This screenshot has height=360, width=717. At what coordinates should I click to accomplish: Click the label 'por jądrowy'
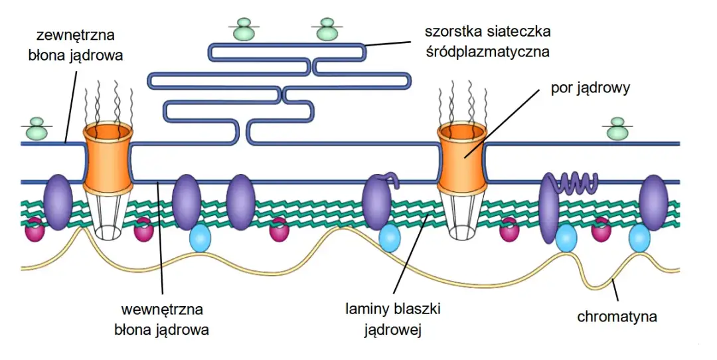pyautogui.click(x=590, y=87)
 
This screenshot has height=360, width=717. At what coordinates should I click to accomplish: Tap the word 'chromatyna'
pyautogui.click(x=617, y=316)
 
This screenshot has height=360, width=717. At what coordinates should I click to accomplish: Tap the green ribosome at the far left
pyautogui.click(x=37, y=129)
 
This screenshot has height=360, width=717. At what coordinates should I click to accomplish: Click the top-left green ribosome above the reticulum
pyautogui.click(x=245, y=29)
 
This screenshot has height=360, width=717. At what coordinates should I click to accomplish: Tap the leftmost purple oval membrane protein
pyautogui.click(x=57, y=203)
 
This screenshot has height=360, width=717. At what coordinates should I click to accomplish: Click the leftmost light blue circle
pyautogui.click(x=200, y=238)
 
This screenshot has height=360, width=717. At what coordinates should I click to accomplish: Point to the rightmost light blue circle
pyautogui.click(x=639, y=238)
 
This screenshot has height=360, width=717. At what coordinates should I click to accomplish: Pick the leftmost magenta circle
pyautogui.click(x=35, y=230)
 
